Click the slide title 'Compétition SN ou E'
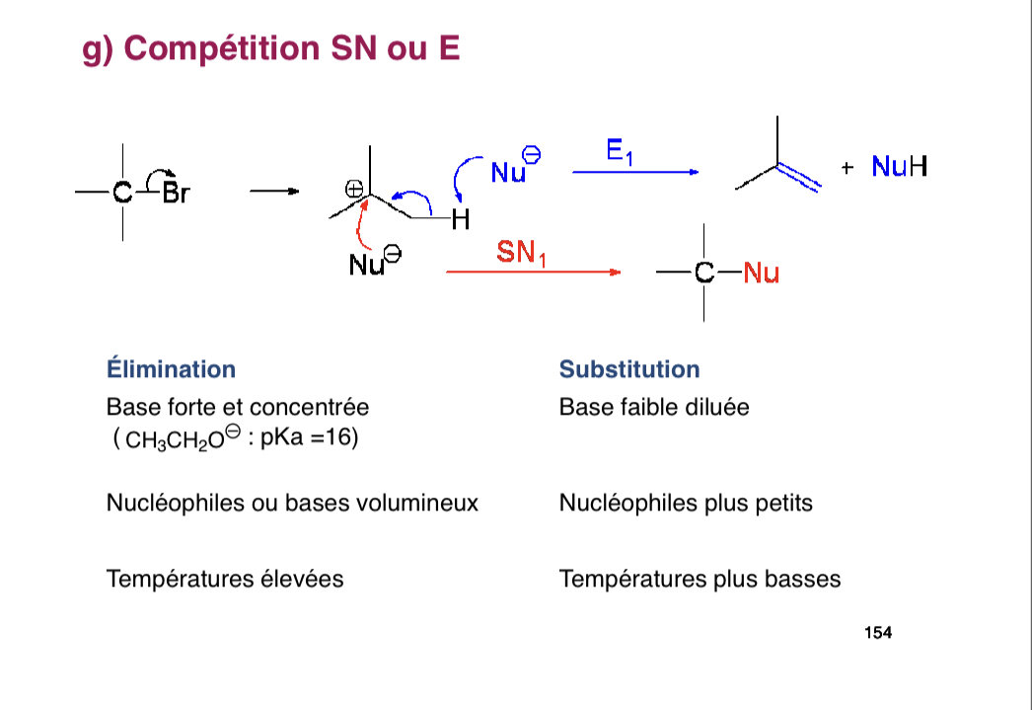pos(272,47)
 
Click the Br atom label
pos(175,193)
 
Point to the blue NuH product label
pos(899,167)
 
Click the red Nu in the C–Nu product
pos(761,274)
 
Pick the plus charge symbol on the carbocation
pos(353,189)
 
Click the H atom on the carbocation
pos(458,220)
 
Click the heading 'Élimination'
pos(171,369)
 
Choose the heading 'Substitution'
pos(628,369)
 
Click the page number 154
pos(877,633)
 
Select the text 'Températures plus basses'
pos(700,579)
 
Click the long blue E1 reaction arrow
pos(635,172)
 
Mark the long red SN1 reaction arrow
pos(533,272)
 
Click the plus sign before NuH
pos(847,168)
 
